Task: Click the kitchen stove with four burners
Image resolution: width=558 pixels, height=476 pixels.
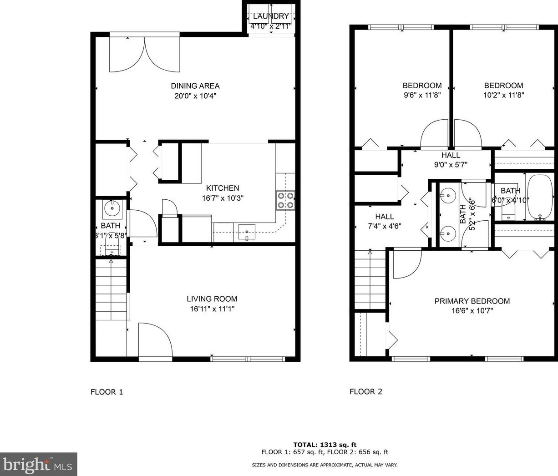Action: tap(285, 200)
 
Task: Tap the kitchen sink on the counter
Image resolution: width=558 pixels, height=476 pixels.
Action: tap(247, 233)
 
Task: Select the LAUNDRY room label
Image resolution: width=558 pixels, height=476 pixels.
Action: tap(271, 16)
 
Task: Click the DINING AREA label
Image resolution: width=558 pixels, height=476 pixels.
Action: tap(195, 86)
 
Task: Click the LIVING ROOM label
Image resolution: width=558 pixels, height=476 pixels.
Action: tap(212, 299)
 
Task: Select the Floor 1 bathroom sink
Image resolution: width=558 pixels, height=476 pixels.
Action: tap(112, 209)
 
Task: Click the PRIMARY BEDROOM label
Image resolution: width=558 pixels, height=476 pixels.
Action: tap(472, 301)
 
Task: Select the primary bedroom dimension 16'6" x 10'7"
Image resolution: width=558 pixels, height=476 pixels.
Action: tap(472, 311)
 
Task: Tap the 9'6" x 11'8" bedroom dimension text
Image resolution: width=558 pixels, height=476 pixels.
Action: tap(422, 96)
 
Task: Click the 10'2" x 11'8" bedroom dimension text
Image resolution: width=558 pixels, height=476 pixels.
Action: tap(503, 96)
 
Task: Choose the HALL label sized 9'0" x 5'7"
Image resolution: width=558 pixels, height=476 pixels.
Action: tap(451, 155)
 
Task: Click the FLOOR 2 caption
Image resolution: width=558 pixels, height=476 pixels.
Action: tap(365, 391)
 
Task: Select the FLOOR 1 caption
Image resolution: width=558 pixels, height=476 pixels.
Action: tap(107, 392)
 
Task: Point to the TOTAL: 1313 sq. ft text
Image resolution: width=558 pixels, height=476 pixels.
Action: tap(325, 445)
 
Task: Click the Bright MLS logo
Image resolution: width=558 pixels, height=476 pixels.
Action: tap(38, 464)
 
